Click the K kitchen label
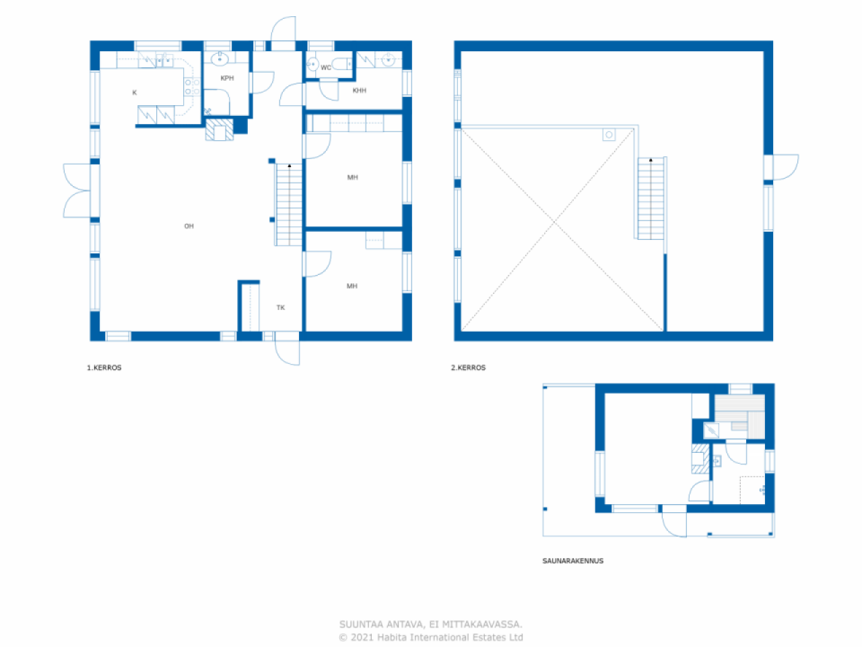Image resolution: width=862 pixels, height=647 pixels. pyautogui.click(x=135, y=92)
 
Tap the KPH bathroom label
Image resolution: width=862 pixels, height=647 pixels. pyautogui.click(x=227, y=78)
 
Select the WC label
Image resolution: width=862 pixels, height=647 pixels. pyautogui.click(x=326, y=67)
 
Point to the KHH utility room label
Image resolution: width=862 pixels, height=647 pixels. pyautogui.click(x=360, y=90)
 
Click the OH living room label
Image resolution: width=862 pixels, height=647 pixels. pyautogui.click(x=189, y=226)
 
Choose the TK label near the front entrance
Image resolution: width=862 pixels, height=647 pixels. pyautogui.click(x=281, y=307)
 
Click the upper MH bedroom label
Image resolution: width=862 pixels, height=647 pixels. pyautogui.click(x=352, y=178)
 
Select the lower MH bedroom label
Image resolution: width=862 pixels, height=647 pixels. pyautogui.click(x=352, y=286)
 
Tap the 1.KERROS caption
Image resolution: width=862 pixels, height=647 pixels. pyautogui.click(x=104, y=368)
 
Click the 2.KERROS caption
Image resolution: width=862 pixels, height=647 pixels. pyautogui.click(x=468, y=368)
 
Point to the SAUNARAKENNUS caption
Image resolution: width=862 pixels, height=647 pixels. pyautogui.click(x=573, y=561)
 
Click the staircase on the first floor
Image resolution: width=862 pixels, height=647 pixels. pyautogui.click(x=289, y=205)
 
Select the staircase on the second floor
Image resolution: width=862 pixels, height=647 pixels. pyautogui.click(x=651, y=198)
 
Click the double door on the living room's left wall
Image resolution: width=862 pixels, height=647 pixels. pyautogui.click(x=77, y=191)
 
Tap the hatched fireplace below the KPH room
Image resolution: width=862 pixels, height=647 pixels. pyautogui.click(x=220, y=129)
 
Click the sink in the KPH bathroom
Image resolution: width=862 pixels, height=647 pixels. pyautogui.click(x=220, y=59)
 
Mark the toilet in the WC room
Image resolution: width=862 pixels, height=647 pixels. pyautogui.click(x=343, y=64)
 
